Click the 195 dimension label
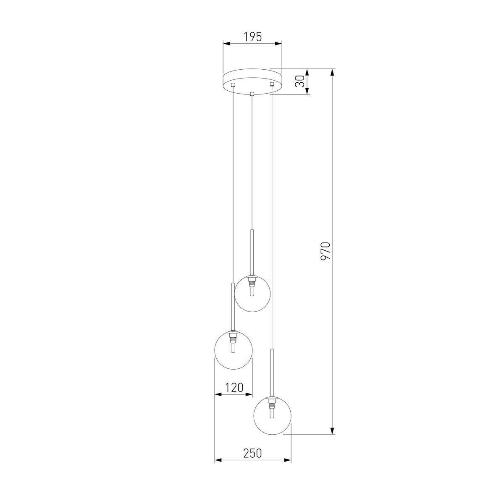point(253,37)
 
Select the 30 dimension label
point(300,81)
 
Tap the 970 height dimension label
point(326,251)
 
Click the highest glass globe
point(252,293)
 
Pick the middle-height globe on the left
point(233,350)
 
